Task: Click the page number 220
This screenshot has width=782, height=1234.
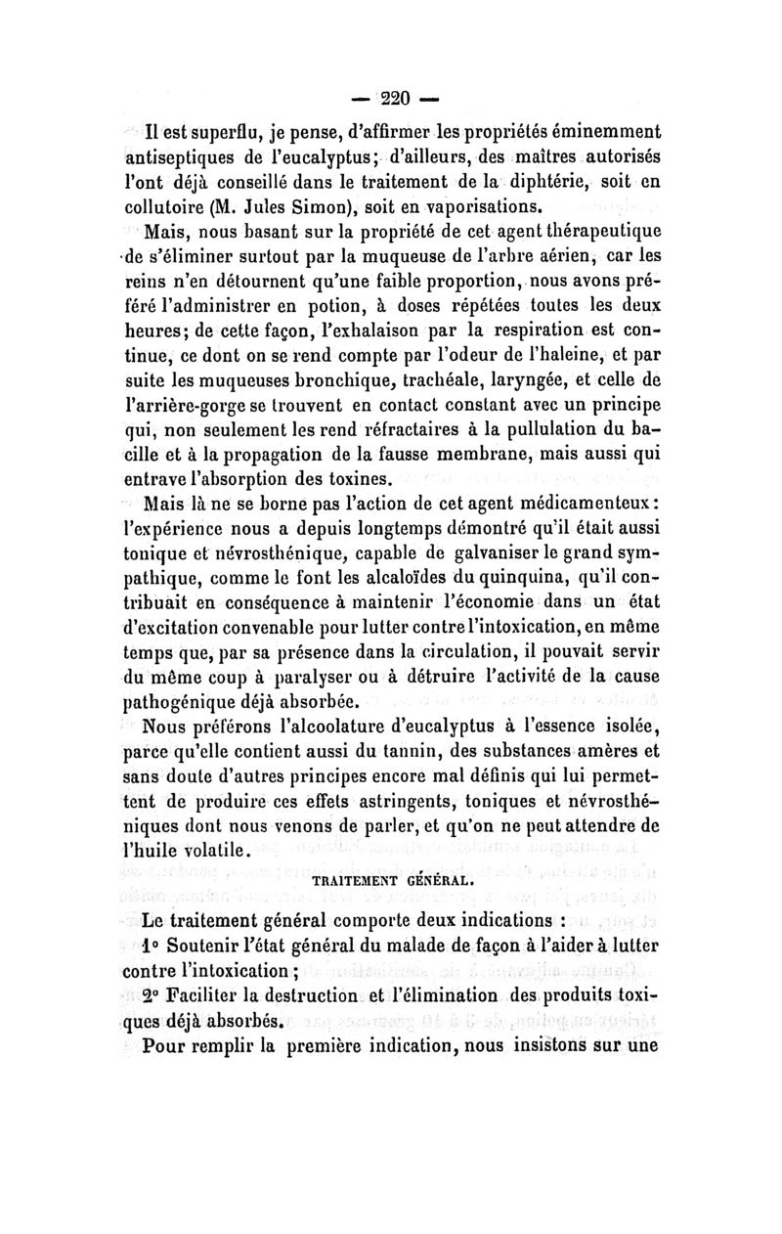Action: [x=390, y=99]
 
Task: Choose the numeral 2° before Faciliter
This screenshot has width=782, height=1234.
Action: [x=150, y=998]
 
